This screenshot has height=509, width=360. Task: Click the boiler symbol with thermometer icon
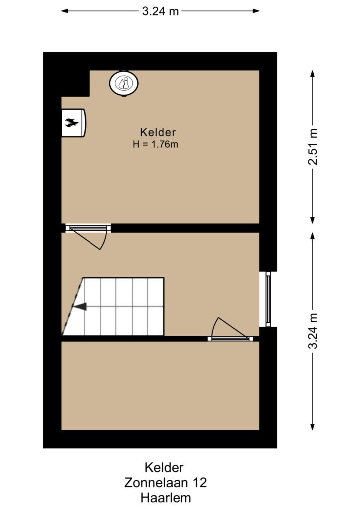coord(124,83)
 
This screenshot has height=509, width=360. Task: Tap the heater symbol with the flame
coord(74,123)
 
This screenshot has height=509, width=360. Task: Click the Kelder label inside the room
coord(158,132)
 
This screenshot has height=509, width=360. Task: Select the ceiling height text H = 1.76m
coord(155,144)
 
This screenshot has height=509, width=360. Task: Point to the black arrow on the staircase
coord(80,306)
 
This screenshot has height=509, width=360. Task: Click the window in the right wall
coord(268,299)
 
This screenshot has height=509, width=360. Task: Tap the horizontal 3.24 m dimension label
coord(161,11)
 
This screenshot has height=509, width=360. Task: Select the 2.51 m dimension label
coord(313,147)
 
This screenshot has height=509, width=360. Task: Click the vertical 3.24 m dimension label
coord(313,331)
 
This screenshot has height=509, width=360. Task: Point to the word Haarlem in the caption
coord(166,497)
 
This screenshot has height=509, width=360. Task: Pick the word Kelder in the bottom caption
coord(164,467)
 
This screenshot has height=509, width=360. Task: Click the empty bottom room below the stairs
coord(160,386)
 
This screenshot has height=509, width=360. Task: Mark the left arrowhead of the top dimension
coord(65,11)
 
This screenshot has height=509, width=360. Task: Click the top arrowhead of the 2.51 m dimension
coord(313,74)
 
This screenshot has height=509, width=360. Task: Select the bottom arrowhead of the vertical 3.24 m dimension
coord(313,427)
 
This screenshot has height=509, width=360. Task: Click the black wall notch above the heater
coord(75,84)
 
